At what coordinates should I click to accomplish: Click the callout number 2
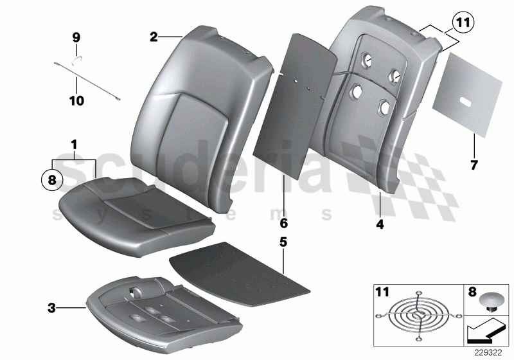point(154,37)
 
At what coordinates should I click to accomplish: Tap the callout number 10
point(76,101)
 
